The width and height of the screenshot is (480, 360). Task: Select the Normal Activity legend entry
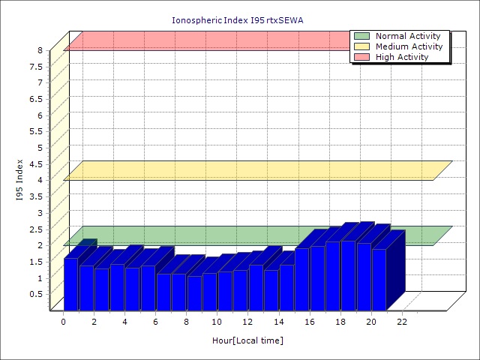click(x=409, y=36)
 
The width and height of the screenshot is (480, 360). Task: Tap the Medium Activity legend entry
click(x=409, y=46)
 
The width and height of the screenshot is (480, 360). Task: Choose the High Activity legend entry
click(x=402, y=57)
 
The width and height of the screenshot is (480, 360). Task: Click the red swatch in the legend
click(x=361, y=57)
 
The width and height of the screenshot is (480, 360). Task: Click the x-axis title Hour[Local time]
click(x=247, y=340)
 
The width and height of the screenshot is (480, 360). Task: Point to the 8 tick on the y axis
click(x=42, y=50)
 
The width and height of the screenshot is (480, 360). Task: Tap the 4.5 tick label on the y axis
click(x=37, y=163)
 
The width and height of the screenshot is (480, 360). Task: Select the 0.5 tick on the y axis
click(x=37, y=293)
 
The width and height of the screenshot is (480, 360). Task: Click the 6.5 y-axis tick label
click(x=37, y=99)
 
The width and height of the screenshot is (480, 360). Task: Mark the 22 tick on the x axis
click(x=402, y=322)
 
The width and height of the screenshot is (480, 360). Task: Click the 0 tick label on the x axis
click(x=64, y=322)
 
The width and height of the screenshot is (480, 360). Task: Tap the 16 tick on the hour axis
click(x=310, y=322)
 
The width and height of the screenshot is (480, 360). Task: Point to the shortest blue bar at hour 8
click(x=194, y=292)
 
